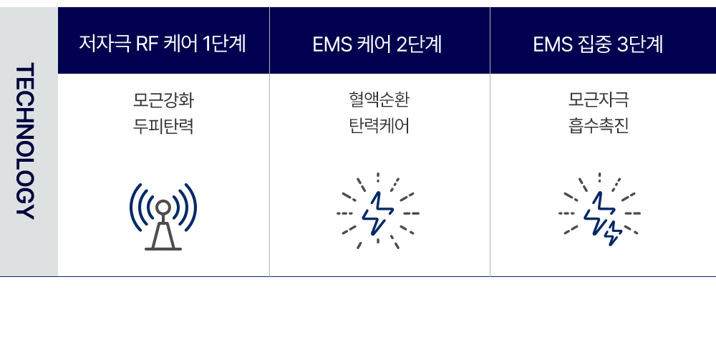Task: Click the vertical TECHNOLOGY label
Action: [24, 141]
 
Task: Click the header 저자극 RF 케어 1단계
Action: [163, 44]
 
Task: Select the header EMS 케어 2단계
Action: [377, 44]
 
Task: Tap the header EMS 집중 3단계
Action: [598, 44]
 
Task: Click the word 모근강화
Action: [163, 100]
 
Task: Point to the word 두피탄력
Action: [163, 126]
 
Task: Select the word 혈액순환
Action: [379, 100]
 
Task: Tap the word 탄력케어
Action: [379, 126]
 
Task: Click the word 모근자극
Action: [598, 100]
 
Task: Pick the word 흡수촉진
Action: [598, 126]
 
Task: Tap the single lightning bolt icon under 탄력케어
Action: [377, 213]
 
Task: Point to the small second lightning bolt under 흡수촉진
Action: [614, 233]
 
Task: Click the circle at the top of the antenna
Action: [163, 208]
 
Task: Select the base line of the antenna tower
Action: [163, 248]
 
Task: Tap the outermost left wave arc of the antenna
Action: [133, 208]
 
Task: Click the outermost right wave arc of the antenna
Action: [193, 208]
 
